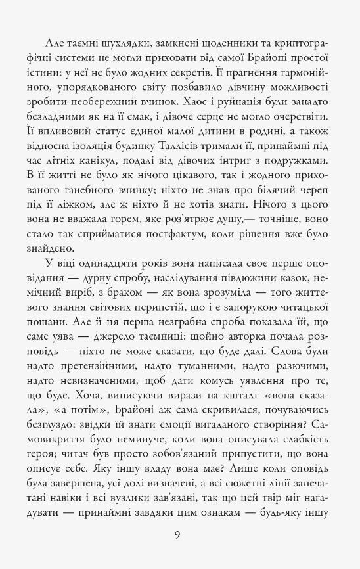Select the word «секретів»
coord(197,72)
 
